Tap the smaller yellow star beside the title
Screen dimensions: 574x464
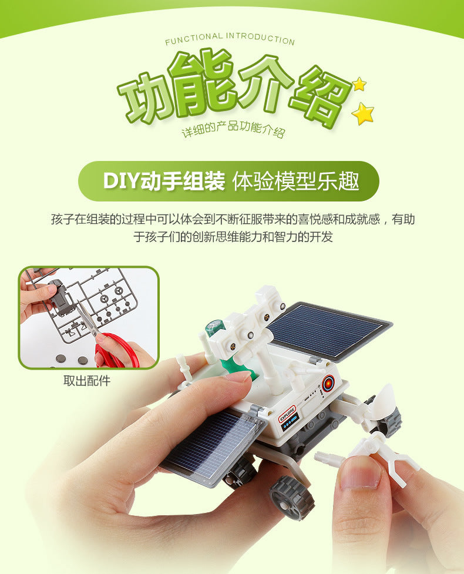coord(359,84)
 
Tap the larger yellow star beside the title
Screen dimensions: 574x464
coord(363,113)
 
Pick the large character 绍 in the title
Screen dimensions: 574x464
coord(317,94)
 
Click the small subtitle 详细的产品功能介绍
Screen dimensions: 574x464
coord(233,130)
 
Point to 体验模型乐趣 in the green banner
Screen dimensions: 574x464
coord(296,181)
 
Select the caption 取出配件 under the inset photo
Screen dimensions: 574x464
coord(87,381)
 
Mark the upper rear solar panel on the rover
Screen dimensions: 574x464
coord(328,330)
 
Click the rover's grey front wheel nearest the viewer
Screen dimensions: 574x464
coord(292,496)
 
